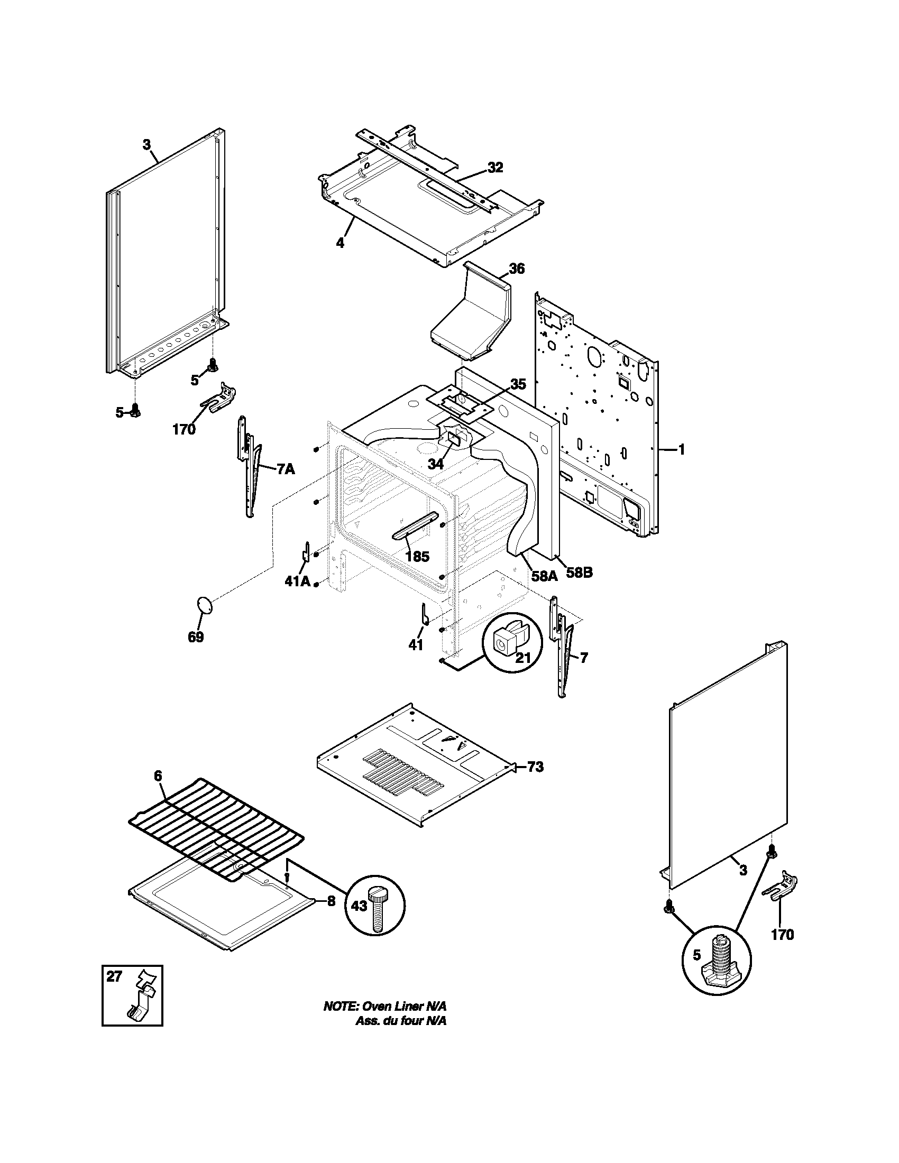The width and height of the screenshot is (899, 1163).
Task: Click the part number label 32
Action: coord(495,168)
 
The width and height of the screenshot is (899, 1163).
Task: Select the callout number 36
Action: coord(516,269)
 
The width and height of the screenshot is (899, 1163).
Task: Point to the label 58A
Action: coord(545,575)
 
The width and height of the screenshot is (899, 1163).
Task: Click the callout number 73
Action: coord(536,767)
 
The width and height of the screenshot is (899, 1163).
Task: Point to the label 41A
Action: coord(297,581)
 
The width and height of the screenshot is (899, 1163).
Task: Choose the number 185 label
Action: coord(417,557)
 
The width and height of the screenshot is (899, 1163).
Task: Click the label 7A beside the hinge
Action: coord(286,468)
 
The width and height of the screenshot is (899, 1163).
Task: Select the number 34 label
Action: coord(435,464)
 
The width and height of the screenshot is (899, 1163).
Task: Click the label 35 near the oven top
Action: coord(518,384)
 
